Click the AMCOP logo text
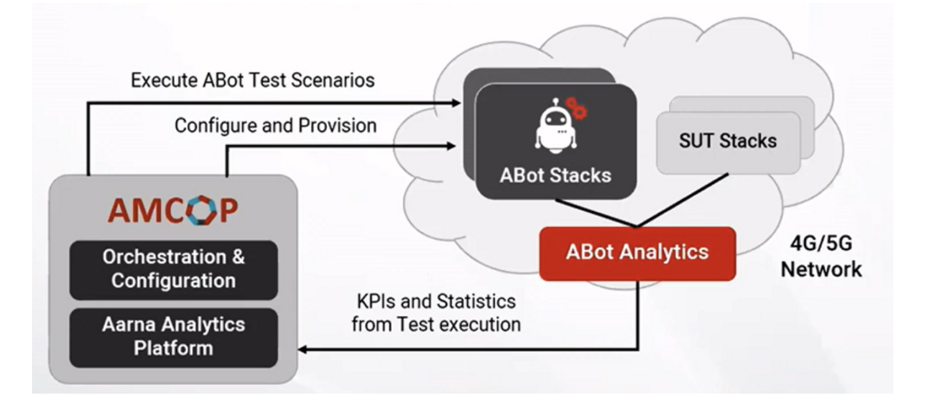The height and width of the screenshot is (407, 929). coord(173,210)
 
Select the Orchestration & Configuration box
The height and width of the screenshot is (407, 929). coord(173,269)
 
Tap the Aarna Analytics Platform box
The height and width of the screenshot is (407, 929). coord(173,337)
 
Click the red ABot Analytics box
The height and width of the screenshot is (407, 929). coord(637,253)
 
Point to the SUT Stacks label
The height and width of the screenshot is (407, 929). coord(728,141)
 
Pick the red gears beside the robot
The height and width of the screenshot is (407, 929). coord(577,108)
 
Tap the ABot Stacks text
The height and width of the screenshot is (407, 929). coord(555,175)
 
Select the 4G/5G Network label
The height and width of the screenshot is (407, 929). coord(821,256)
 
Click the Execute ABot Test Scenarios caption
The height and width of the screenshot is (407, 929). coord(253,80)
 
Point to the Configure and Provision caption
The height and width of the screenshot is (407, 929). coord(275,126)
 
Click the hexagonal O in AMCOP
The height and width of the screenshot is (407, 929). coord(201,210)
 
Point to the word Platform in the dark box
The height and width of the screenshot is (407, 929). coord(173,348)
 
